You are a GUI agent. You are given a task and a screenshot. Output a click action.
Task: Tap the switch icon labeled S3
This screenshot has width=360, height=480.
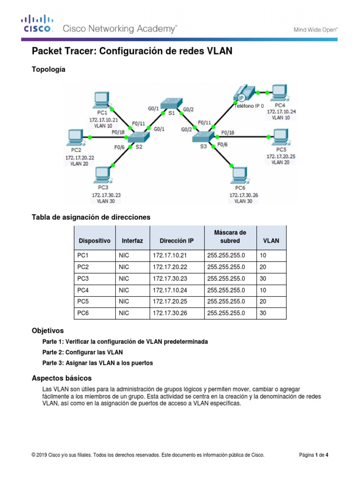[203, 136]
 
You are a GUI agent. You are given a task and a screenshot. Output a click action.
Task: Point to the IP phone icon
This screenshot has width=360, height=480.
[242, 93]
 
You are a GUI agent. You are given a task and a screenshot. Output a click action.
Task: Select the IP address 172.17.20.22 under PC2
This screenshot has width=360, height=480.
[80, 158]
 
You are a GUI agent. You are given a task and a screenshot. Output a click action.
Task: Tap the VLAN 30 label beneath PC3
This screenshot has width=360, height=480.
[105, 201]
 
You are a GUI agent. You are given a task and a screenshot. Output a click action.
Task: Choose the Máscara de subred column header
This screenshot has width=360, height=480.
[230, 237]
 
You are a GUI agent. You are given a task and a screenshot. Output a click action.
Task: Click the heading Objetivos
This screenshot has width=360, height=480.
[47, 330]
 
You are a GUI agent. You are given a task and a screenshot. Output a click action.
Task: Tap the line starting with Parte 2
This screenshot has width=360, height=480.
[83, 352]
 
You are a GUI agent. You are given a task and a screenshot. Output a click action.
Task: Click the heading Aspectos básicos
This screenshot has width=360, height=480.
[61, 378]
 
